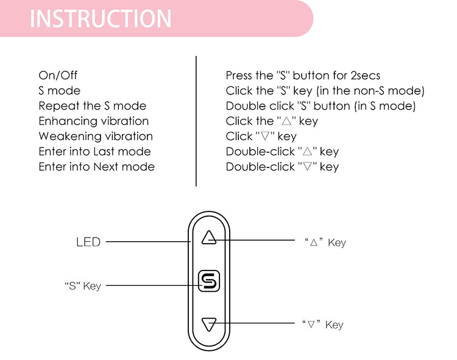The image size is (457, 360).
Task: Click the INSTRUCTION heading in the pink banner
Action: (101, 18)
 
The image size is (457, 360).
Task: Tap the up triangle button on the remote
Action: (209, 237)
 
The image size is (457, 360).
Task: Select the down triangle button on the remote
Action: (209, 324)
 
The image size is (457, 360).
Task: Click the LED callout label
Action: (88, 242)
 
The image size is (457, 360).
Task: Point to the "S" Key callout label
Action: (82, 286)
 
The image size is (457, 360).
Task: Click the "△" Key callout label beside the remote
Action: (325, 242)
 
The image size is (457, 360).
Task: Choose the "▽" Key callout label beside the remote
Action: (323, 325)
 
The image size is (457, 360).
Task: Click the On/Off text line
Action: (58, 76)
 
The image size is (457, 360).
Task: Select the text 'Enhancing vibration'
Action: (93, 121)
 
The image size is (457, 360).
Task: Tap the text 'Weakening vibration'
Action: (95, 136)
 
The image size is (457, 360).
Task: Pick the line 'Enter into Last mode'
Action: (94, 152)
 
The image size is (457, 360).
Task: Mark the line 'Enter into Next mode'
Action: (96, 167)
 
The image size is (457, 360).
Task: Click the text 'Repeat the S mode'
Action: (92, 106)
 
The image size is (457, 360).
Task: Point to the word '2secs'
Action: (365, 76)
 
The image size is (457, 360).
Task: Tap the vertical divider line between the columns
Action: (196, 121)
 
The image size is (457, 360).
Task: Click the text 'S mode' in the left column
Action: (59, 91)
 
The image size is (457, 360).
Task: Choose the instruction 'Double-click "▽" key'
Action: (282, 167)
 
